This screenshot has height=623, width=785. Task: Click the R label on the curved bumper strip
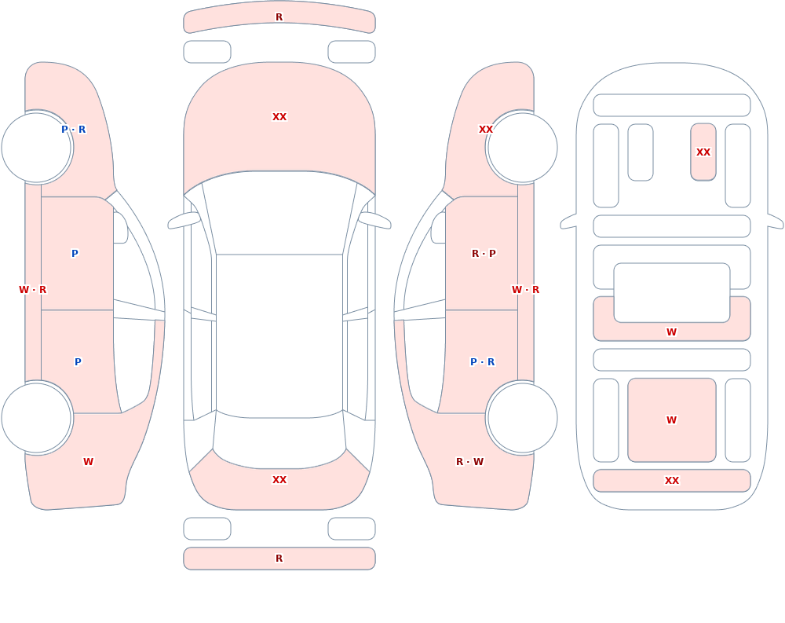pyautogui.click(x=279, y=17)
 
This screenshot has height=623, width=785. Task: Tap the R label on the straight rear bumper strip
pyautogui.click(x=279, y=559)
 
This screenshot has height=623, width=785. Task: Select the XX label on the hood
pyautogui.click(x=279, y=117)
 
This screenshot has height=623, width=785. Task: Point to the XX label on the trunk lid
pyautogui.click(x=279, y=480)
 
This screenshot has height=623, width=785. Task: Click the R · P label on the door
pyautogui.click(x=484, y=254)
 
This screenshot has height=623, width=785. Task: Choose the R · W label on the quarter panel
pyautogui.click(x=469, y=462)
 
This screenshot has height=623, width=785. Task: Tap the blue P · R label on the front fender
pyautogui.click(x=74, y=130)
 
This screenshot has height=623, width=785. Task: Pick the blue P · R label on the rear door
pyautogui.click(x=483, y=362)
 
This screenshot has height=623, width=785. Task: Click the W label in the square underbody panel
pyautogui.click(x=672, y=420)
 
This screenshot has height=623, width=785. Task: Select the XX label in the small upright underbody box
pyautogui.click(x=703, y=152)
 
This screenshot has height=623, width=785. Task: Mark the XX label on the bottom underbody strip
pyautogui.click(x=672, y=481)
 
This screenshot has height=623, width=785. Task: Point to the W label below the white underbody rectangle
pyautogui.click(x=672, y=332)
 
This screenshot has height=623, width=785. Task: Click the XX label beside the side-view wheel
pyautogui.click(x=486, y=130)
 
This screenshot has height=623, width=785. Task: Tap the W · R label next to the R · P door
pyautogui.click(x=526, y=290)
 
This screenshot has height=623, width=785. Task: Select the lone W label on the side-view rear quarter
pyautogui.click(x=88, y=462)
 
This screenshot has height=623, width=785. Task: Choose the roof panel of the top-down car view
pyautogui.click(x=279, y=335)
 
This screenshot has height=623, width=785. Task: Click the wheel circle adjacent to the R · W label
pyautogui.click(x=523, y=417)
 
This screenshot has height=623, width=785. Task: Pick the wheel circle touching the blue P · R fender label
pyautogui.click(x=36, y=148)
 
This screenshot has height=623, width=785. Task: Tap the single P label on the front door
pyautogui.click(x=75, y=254)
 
